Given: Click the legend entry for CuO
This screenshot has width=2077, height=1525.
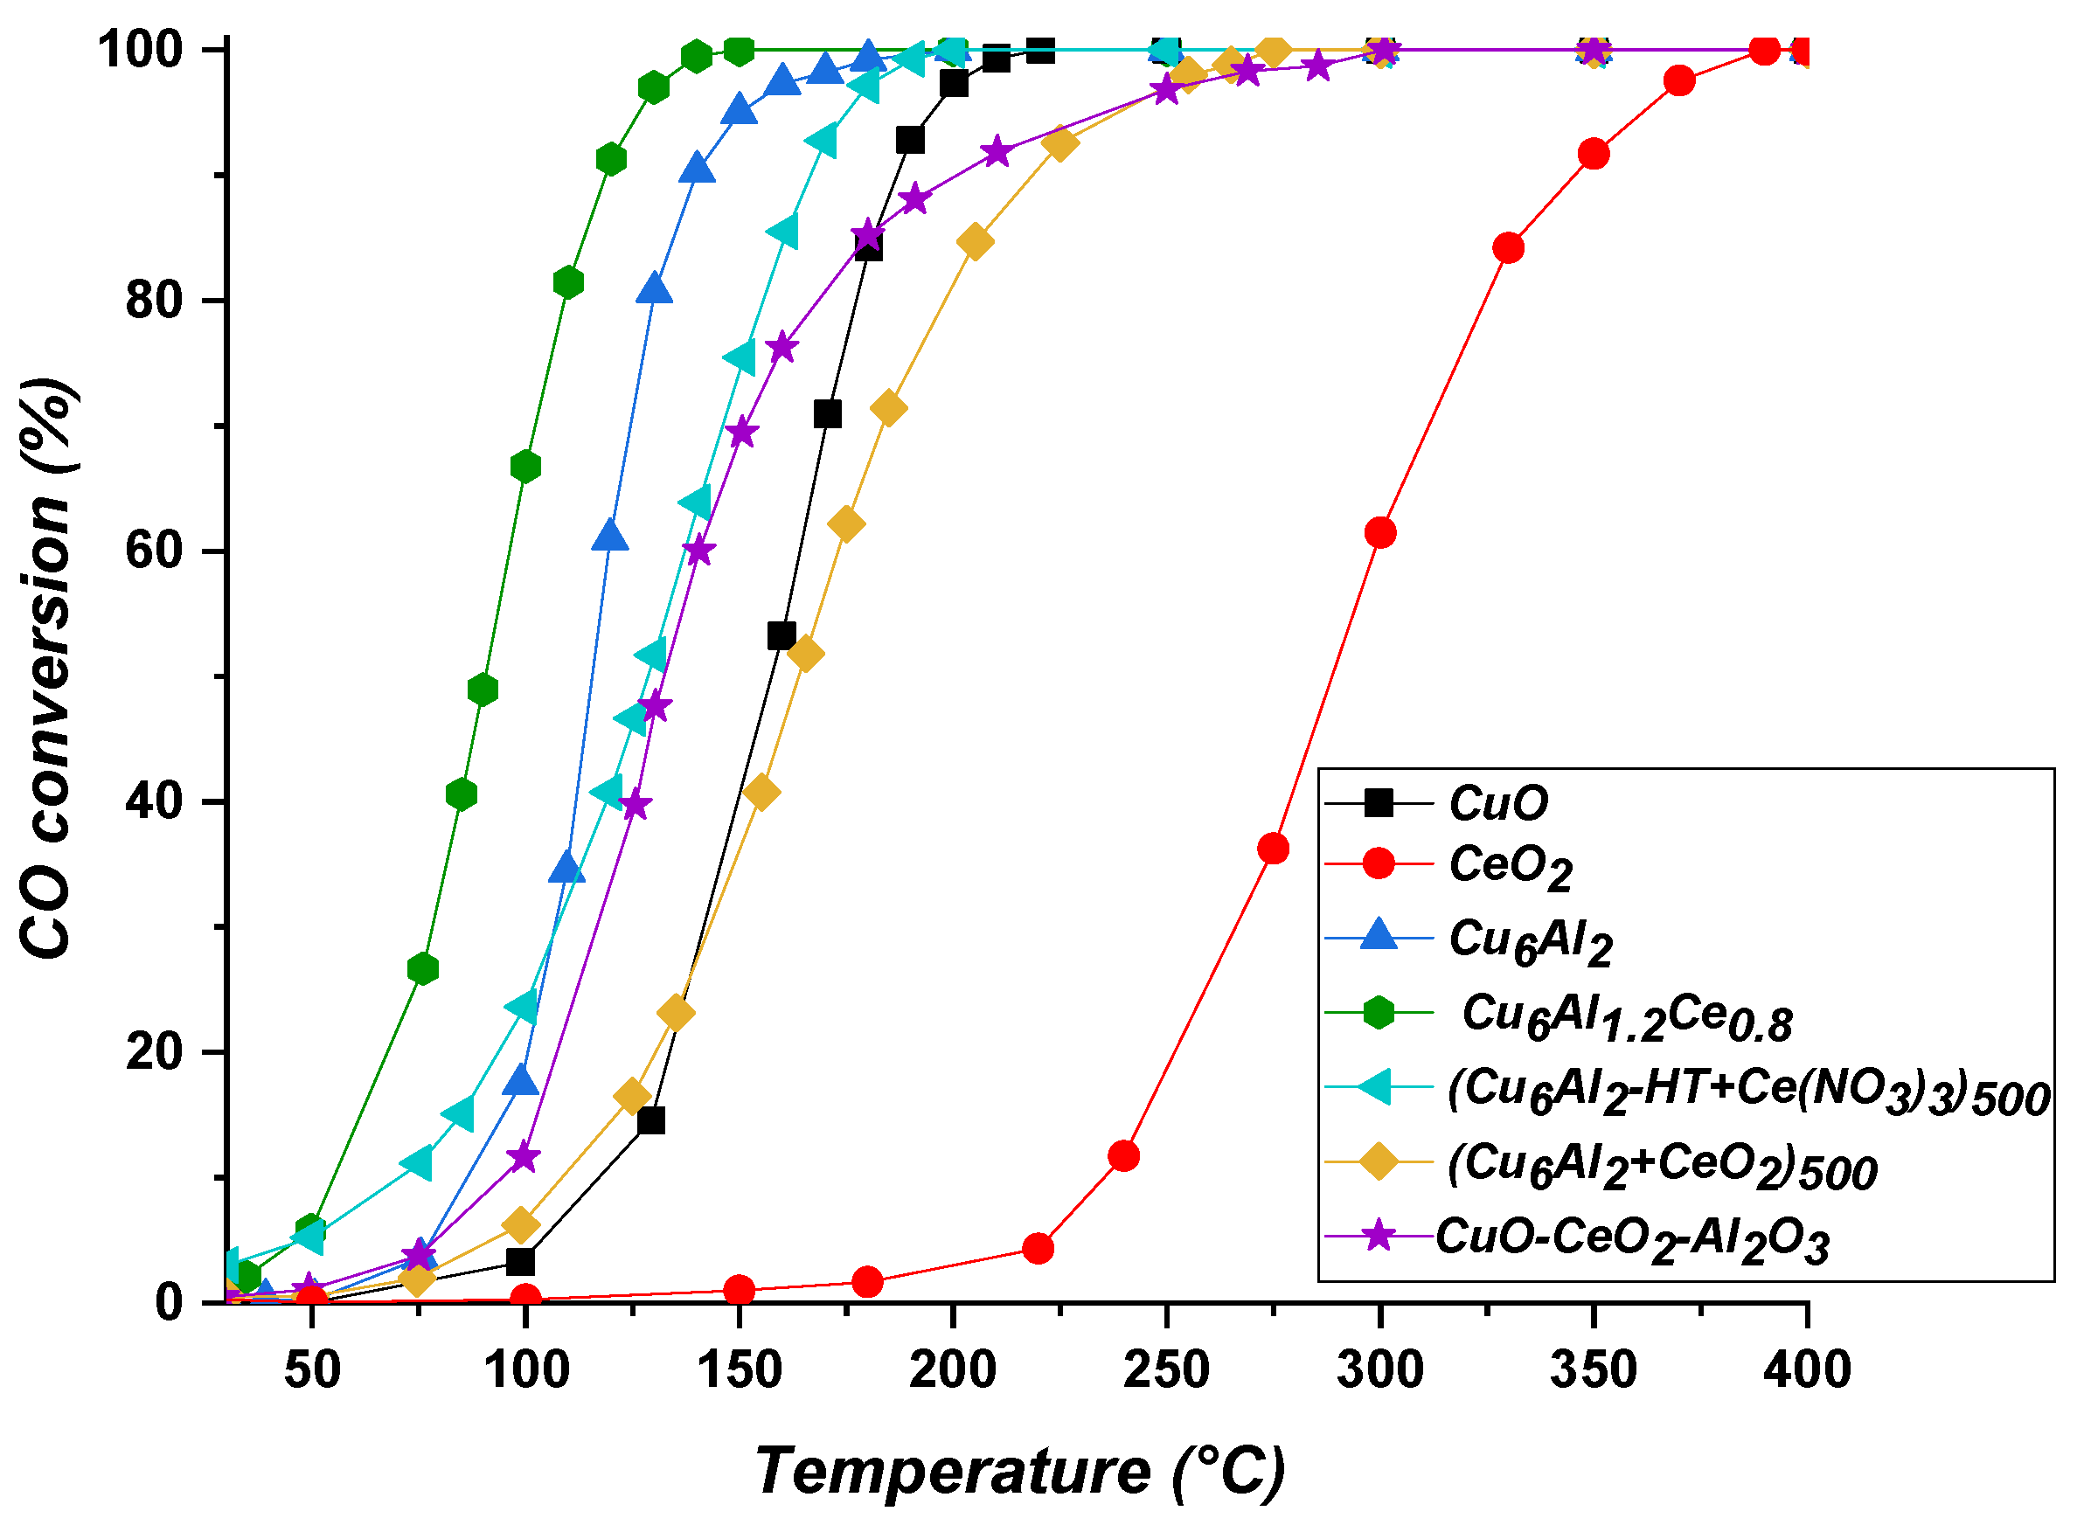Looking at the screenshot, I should (x=1497, y=803).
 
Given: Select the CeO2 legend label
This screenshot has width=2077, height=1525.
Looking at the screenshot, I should (x=1511, y=868).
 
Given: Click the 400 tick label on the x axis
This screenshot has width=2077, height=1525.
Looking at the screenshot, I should (x=1806, y=1369).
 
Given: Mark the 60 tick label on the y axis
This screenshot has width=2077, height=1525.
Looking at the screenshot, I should (x=154, y=551).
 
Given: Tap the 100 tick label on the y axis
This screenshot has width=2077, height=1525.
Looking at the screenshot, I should (x=138, y=49).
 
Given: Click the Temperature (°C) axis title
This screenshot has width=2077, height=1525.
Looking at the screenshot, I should (x=1020, y=1471).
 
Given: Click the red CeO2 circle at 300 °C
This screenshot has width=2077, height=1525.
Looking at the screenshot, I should (x=1379, y=532).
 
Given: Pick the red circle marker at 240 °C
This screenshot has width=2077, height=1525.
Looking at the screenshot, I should (x=1123, y=1155).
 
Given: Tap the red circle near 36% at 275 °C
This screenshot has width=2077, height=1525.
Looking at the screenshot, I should (x=1273, y=849).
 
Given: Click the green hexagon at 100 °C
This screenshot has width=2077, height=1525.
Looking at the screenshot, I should (x=525, y=467).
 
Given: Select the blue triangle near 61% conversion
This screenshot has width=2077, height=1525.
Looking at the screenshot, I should (x=610, y=536).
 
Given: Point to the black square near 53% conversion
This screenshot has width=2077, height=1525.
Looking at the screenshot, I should (x=781, y=635).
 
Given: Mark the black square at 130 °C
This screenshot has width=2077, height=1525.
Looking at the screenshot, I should (x=650, y=1120).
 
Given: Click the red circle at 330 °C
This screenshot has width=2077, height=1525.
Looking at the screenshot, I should (x=1507, y=248).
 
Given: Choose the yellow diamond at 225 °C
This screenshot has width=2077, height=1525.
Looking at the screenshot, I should (x=1059, y=144).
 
